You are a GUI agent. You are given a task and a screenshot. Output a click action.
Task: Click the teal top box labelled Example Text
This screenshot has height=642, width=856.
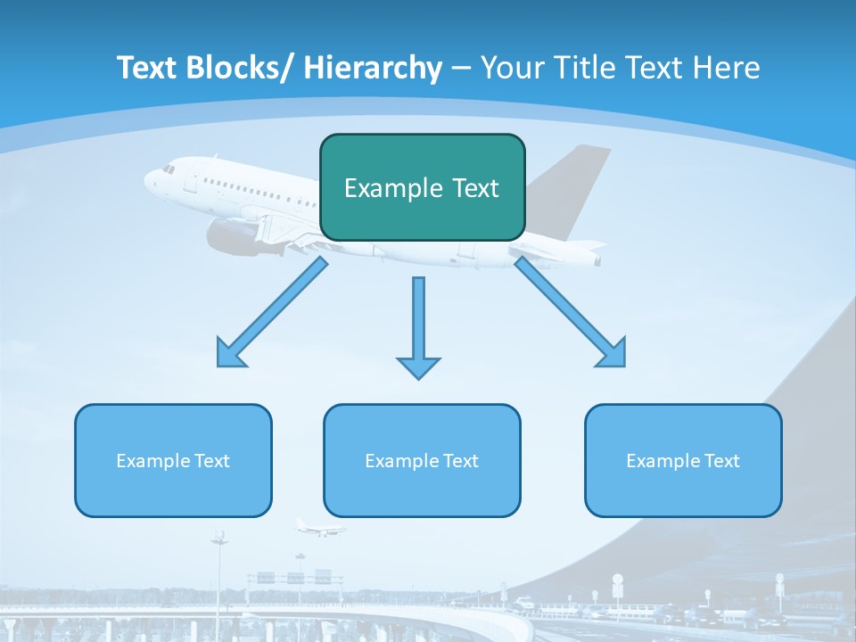tap(422, 187)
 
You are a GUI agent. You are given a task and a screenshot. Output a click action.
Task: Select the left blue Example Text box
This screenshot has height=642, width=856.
tap(173, 460)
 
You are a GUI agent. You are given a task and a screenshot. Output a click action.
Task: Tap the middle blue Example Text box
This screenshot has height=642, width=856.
tap(422, 460)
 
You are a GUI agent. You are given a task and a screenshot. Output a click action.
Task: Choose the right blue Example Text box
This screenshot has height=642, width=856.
tap(683, 460)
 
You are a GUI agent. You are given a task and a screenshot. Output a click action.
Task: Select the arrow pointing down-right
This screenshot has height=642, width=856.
tap(572, 313)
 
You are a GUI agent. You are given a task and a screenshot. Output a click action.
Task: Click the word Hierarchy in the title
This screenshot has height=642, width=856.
tap(373, 68)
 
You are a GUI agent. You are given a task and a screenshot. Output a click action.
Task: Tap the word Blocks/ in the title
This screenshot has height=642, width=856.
tap(235, 68)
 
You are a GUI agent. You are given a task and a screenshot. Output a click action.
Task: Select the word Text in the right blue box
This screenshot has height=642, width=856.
tap(722, 460)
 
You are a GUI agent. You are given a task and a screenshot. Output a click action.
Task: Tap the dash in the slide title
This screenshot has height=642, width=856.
tap(461, 69)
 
